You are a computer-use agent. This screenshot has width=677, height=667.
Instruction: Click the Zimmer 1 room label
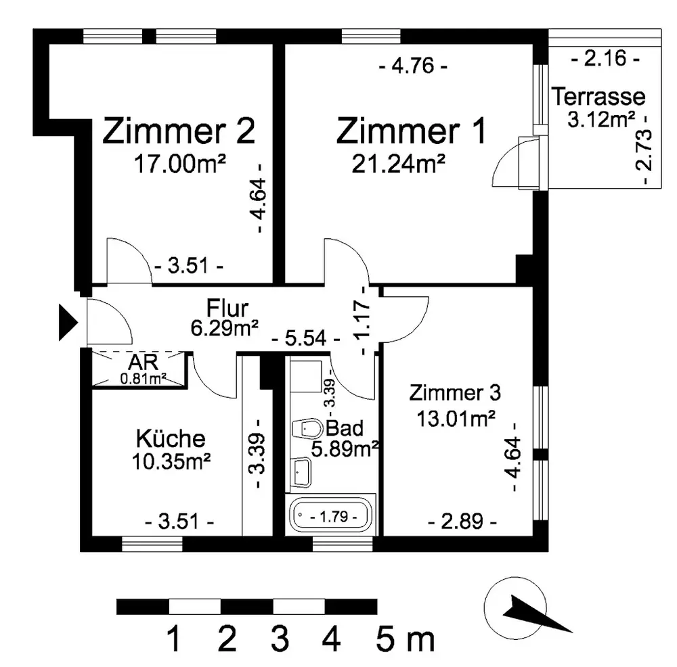[x=411, y=131]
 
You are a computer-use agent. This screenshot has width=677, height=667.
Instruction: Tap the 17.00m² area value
[x=179, y=164]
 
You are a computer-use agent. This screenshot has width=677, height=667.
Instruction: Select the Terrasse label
[x=598, y=96]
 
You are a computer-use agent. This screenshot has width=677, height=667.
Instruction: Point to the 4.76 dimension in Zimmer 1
[x=413, y=66]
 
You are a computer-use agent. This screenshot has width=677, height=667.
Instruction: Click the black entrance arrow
[x=68, y=322]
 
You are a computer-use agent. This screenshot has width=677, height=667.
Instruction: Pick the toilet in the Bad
[x=307, y=429]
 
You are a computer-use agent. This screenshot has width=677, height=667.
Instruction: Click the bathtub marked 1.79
[x=332, y=515]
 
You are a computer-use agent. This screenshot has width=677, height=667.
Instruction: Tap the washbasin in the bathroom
[x=301, y=472]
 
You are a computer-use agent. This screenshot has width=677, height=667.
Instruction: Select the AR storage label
[x=143, y=362]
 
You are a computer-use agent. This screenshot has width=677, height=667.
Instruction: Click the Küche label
[x=171, y=438]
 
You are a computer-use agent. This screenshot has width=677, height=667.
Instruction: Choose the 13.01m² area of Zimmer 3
[x=456, y=419]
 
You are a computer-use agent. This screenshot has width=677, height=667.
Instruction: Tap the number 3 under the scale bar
[x=280, y=639]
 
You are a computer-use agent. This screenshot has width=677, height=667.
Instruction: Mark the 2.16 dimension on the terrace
[x=605, y=58]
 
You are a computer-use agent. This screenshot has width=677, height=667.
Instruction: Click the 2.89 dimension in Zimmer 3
[x=462, y=521]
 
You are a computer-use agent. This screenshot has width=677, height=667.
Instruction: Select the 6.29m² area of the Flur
[x=225, y=328]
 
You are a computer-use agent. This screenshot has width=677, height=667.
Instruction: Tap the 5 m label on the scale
[x=405, y=639]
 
